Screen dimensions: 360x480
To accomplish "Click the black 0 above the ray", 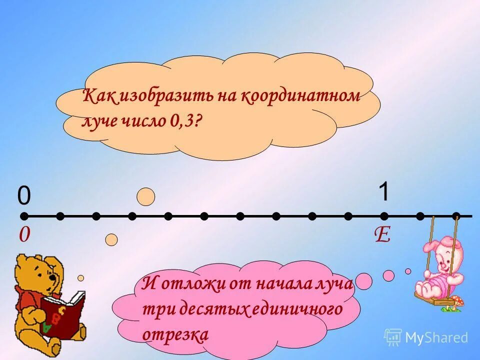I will pyautogui.click(x=24, y=195).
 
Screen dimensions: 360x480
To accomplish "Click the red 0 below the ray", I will pyautogui.click(x=23, y=235).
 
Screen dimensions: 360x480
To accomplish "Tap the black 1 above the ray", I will pyautogui.click(x=383, y=192).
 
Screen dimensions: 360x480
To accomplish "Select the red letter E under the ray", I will pyautogui.click(x=382, y=235).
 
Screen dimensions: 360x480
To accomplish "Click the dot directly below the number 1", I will pyautogui.click(x=384, y=216).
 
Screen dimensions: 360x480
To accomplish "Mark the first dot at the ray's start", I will pyautogui.click(x=24, y=216).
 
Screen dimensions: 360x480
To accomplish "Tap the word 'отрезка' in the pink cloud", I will pyautogui.click(x=175, y=334).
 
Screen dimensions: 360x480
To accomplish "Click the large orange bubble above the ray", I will pyautogui.click(x=146, y=197).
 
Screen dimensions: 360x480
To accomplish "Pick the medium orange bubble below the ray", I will pyautogui.click(x=111, y=240).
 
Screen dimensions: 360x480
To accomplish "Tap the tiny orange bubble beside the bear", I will pyautogui.click(x=80, y=277).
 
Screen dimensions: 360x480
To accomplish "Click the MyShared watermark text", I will pyautogui.click(x=436, y=337).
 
